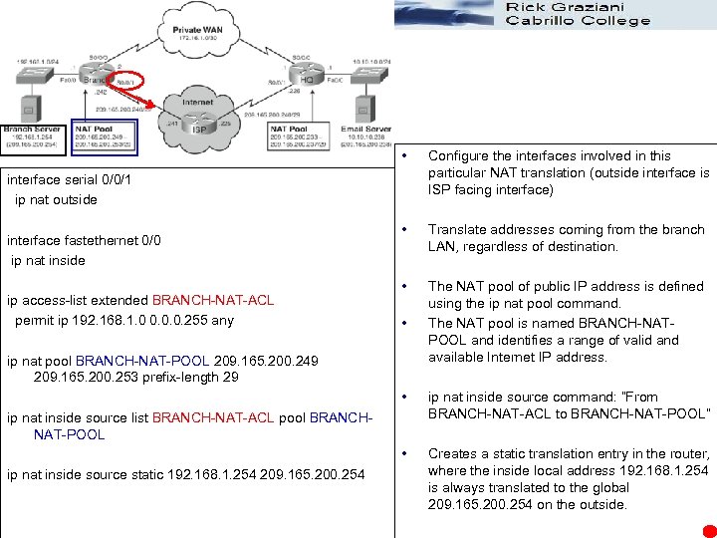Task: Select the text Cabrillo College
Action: click(x=579, y=21)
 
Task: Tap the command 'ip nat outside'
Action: click(x=57, y=199)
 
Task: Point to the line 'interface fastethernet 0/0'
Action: click(x=84, y=240)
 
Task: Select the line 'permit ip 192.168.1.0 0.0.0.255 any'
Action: click(x=124, y=320)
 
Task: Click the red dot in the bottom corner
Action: click(x=708, y=530)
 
